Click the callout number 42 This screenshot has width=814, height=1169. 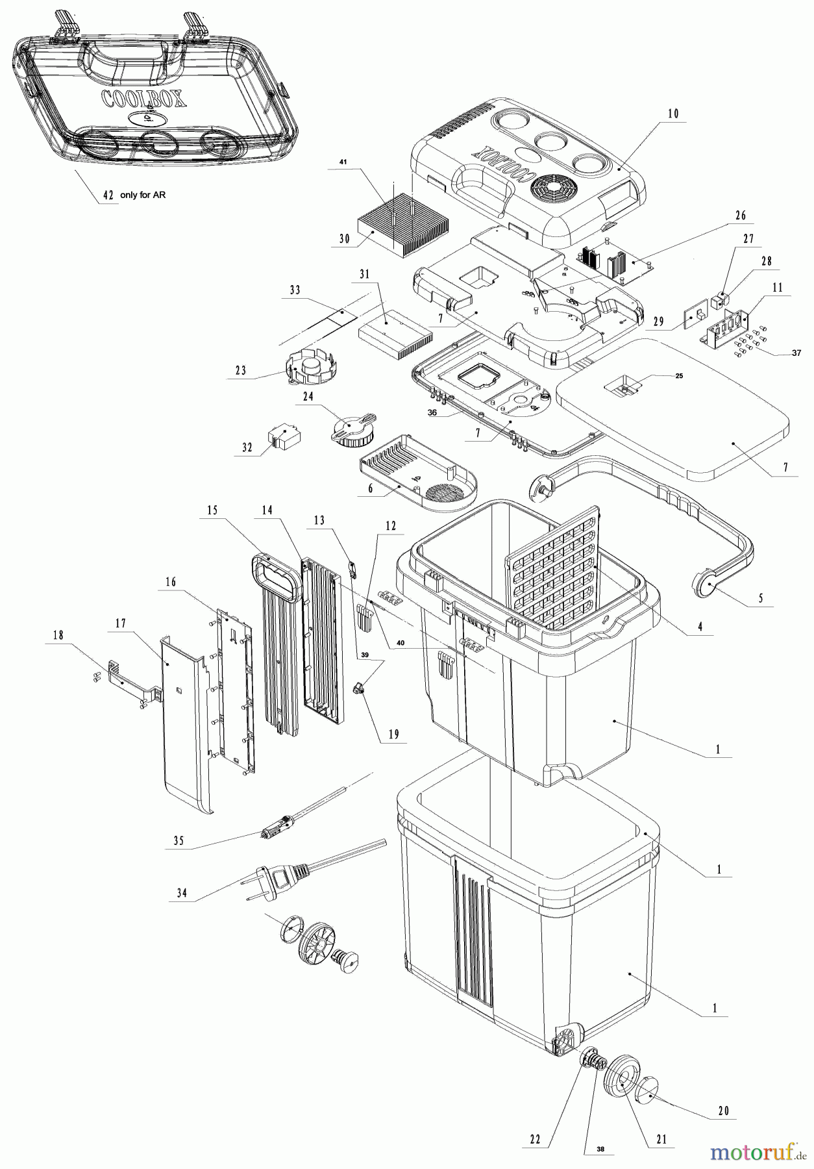108,195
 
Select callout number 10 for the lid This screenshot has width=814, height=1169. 672,114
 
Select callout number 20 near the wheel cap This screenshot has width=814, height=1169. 724,1111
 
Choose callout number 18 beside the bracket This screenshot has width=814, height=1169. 58,636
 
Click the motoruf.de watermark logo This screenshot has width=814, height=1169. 757,1151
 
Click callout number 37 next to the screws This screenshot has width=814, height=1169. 795,353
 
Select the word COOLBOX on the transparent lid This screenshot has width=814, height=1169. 144,98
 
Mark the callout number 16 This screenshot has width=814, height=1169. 171,583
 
